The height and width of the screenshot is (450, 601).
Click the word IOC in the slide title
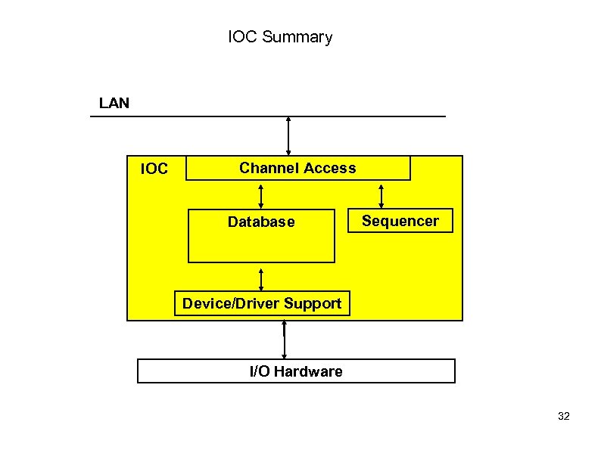(x=243, y=37)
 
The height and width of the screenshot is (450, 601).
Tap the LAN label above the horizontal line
(x=114, y=103)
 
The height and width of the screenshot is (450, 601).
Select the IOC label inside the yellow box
(x=154, y=169)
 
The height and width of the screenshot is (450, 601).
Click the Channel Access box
(x=298, y=168)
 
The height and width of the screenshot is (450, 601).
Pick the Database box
(x=261, y=235)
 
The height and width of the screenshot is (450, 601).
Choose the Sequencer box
(x=400, y=221)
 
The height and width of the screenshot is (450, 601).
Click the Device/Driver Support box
(x=262, y=304)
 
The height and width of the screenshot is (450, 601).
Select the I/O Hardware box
(x=296, y=371)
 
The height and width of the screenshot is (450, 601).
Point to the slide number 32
(x=563, y=417)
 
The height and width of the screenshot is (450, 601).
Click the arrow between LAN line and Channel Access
(x=288, y=136)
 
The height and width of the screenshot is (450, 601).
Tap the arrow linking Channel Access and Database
(x=261, y=195)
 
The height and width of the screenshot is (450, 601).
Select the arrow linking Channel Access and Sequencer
(x=381, y=195)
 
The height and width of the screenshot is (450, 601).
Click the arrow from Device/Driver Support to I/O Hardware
(x=284, y=340)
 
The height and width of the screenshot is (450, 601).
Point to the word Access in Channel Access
(x=331, y=168)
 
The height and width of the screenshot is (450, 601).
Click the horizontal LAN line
(x=189, y=116)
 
